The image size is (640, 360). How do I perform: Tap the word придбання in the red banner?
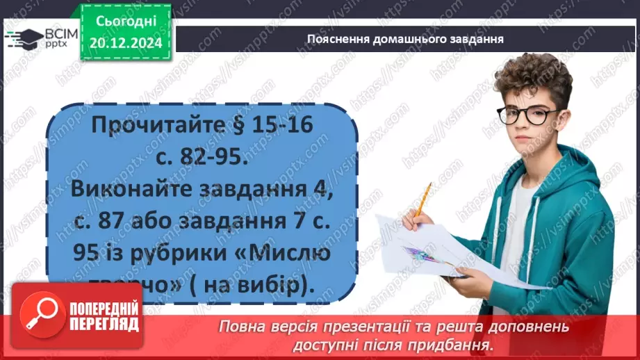coord(452,344)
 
